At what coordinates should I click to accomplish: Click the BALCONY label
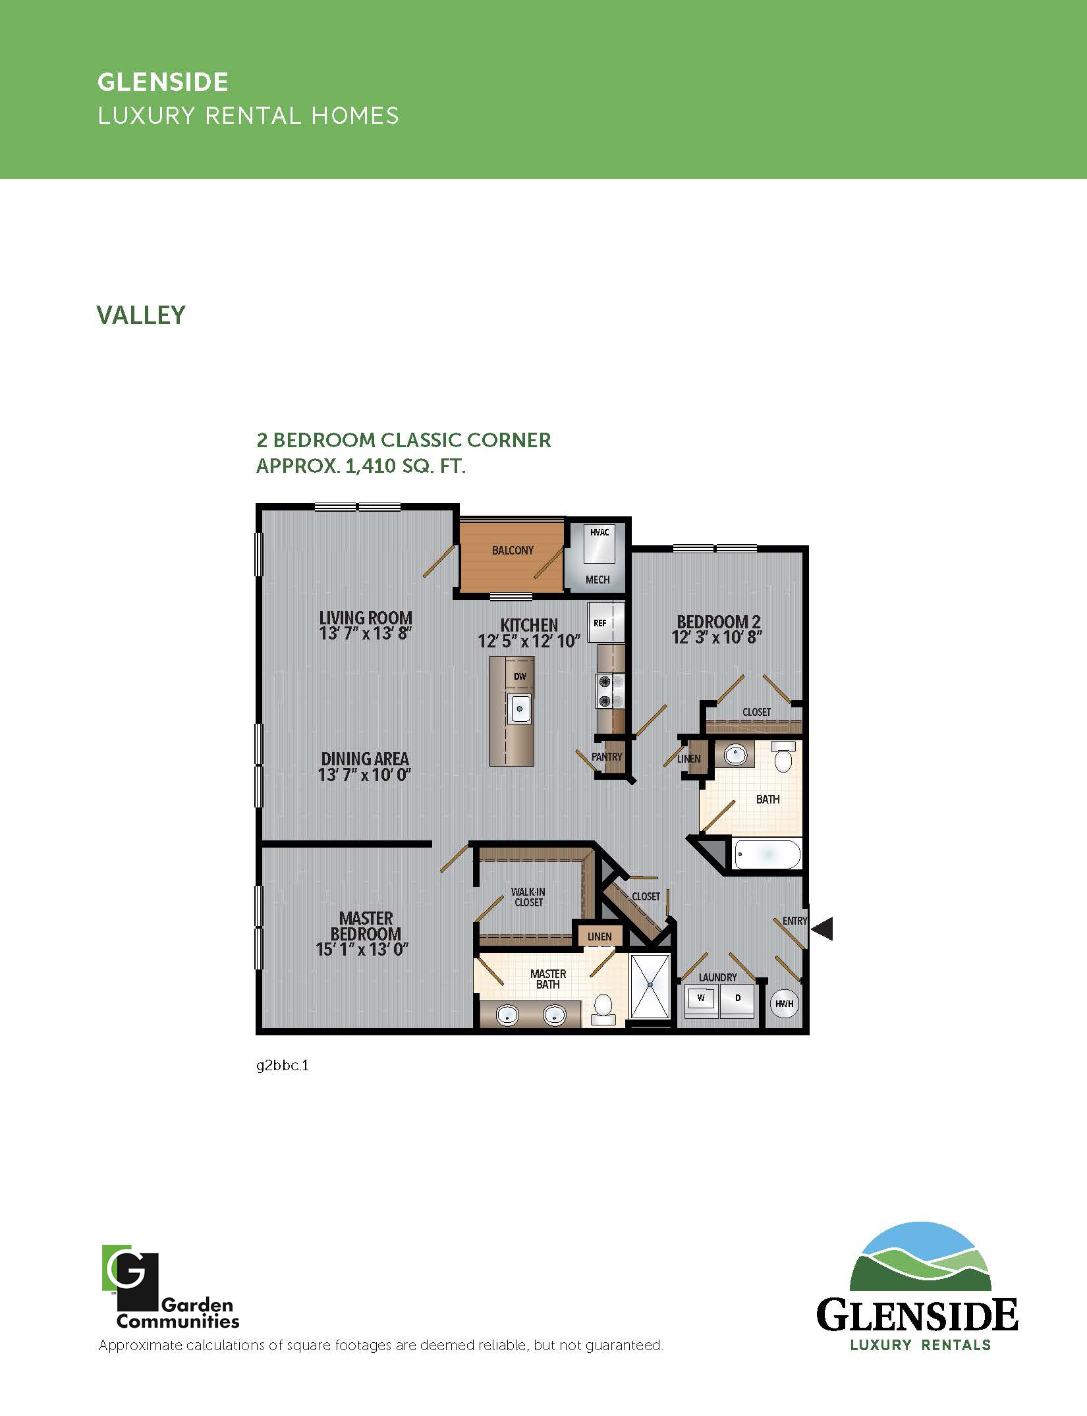[513, 551]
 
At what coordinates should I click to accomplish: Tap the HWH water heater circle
[784, 1004]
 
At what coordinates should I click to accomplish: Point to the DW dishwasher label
[520, 676]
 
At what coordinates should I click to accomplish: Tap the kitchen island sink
[520, 709]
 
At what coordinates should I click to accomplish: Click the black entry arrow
[822, 929]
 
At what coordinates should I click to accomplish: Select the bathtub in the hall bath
[767, 854]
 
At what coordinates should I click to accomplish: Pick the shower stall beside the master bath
[650, 985]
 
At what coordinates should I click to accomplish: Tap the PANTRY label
[607, 757]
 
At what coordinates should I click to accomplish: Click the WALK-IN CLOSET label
[528, 897]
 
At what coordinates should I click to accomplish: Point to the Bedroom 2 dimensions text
[717, 638]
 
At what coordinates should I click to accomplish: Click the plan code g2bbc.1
[283, 1065]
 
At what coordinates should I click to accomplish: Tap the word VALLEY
[141, 315]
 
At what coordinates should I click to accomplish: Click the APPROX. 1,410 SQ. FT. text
[361, 466]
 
